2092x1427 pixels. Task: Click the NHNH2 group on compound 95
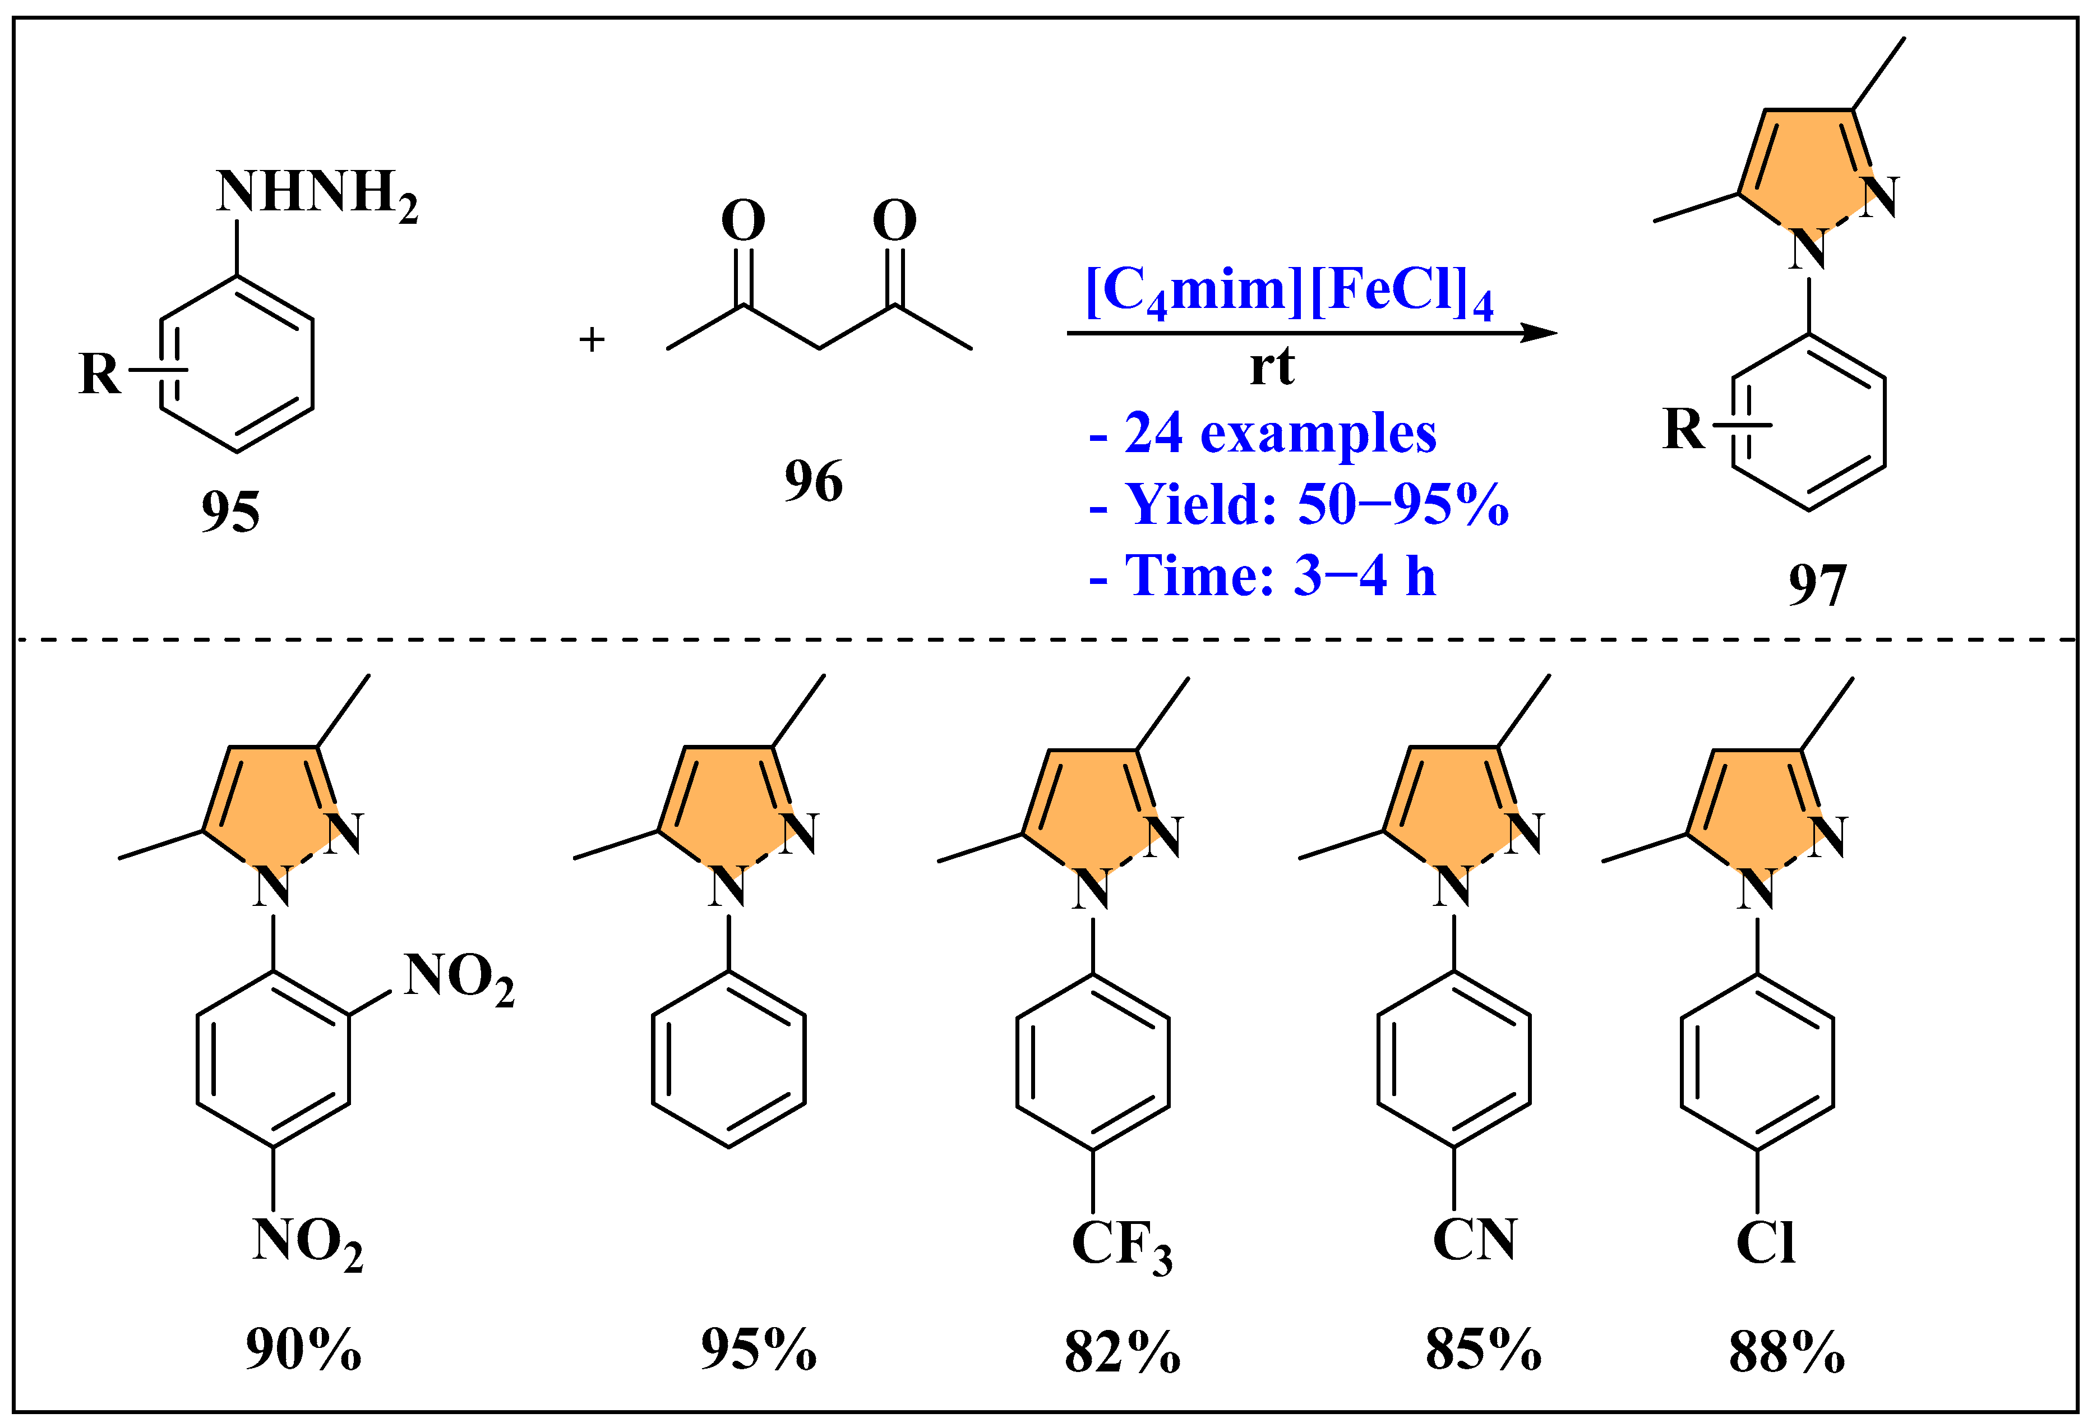(316, 194)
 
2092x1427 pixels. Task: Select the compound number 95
(230, 512)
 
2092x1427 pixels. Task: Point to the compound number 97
(1817, 585)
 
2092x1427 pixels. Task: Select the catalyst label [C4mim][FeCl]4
(1289, 293)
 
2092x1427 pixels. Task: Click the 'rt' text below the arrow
(1271, 367)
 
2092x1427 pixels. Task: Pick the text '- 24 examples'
(1262, 434)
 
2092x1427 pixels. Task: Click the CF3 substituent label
(1121, 1246)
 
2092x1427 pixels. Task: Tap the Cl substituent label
(1765, 1244)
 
